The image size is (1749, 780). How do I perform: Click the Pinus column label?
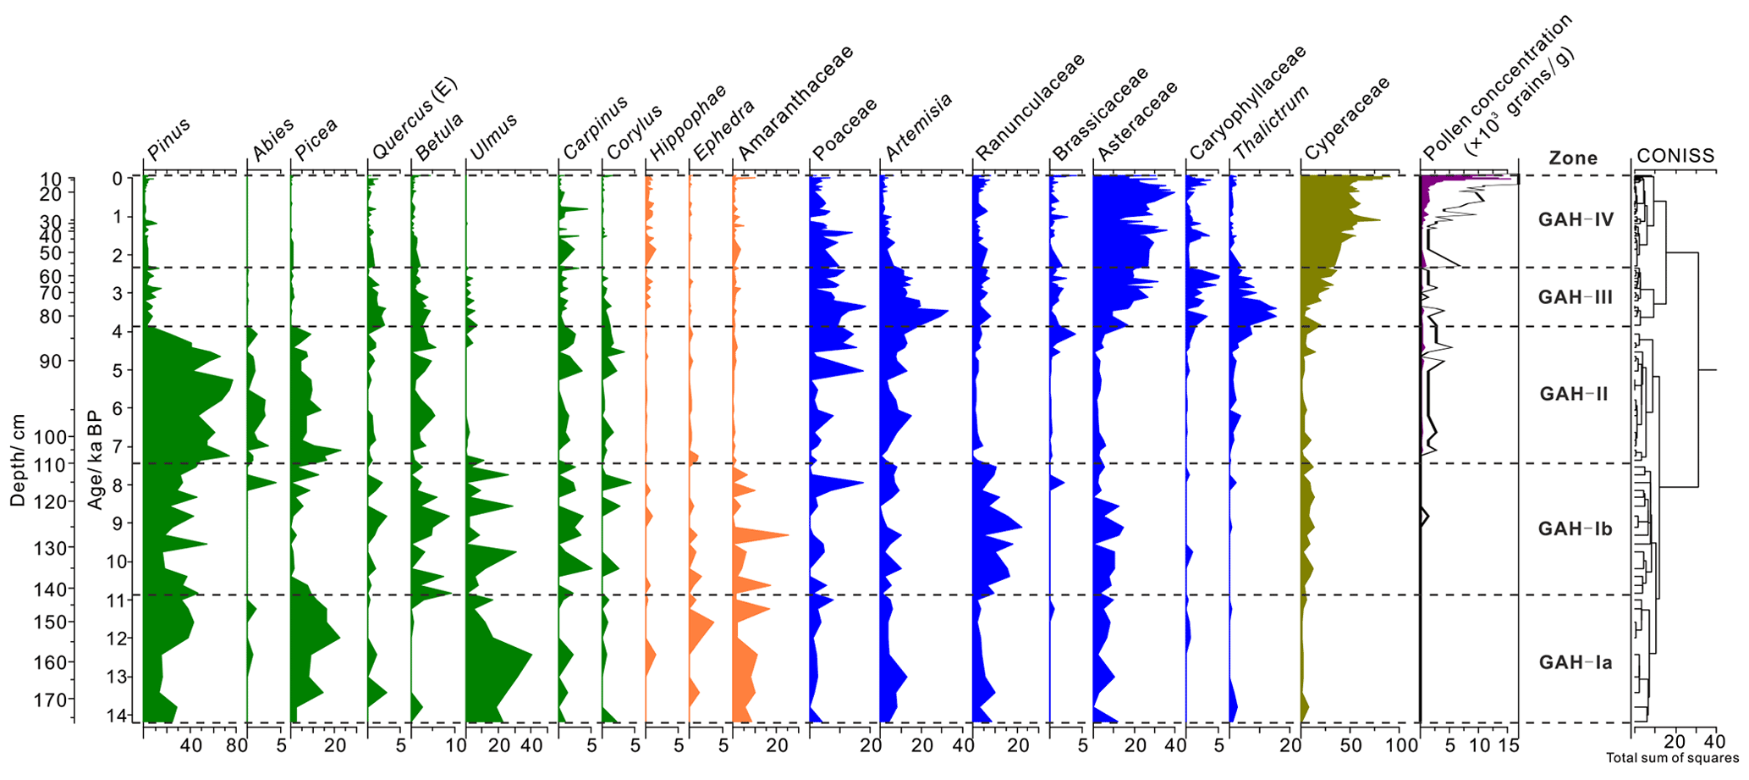(x=169, y=139)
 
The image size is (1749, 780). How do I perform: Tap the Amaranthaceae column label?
(x=795, y=103)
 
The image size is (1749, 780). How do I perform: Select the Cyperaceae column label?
(x=1347, y=119)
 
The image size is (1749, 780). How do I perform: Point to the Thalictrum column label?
(x=1271, y=123)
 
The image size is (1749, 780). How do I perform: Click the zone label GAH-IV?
(x=1576, y=220)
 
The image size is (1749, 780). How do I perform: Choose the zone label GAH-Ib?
(x=1575, y=529)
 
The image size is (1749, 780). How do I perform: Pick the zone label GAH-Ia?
(x=1575, y=662)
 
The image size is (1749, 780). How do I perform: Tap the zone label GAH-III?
(x=1575, y=297)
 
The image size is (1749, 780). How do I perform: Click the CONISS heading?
(x=1675, y=156)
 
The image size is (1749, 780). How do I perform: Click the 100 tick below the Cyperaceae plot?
(x=1401, y=746)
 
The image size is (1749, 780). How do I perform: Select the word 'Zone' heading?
(x=1573, y=158)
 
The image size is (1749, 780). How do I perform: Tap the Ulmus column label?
(x=493, y=137)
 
